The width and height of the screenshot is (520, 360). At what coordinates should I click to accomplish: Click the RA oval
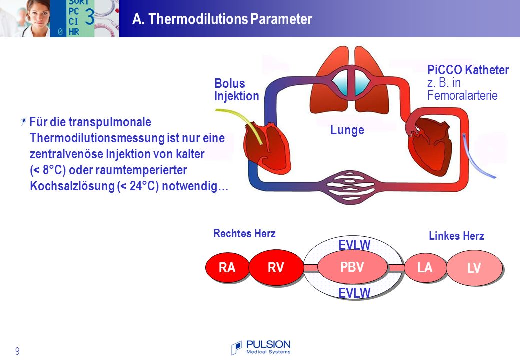click(x=227, y=267)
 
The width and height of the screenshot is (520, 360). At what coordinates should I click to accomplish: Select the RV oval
click(x=276, y=267)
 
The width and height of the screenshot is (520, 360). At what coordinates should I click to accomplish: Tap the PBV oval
click(x=352, y=267)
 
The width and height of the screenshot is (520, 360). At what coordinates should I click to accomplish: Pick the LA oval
click(x=425, y=267)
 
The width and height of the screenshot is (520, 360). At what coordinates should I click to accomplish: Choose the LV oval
click(x=474, y=268)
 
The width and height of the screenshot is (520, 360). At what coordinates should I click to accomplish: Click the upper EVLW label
click(x=354, y=245)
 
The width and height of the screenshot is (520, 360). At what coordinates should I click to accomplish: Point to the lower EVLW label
click(x=354, y=293)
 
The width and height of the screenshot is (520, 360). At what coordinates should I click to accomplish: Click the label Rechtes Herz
click(x=244, y=233)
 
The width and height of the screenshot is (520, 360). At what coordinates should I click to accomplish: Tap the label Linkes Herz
click(x=456, y=236)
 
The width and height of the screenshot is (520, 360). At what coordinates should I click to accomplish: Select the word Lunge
click(x=347, y=130)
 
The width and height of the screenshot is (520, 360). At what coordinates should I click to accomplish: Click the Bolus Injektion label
click(x=237, y=90)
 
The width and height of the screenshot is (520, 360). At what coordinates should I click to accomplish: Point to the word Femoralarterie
click(x=462, y=96)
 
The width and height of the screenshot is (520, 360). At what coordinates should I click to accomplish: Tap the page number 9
click(x=17, y=351)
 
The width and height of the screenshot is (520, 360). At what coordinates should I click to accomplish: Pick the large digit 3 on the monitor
click(x=89, y=16)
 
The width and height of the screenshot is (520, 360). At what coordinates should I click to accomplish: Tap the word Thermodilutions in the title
click(x=198, y=19)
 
